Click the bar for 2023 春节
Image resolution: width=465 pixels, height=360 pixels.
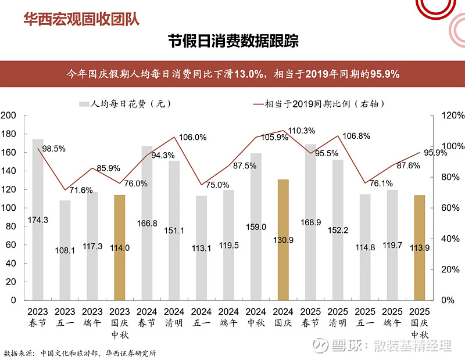point(38,221)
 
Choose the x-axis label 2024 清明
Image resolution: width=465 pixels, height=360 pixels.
point(174,317)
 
